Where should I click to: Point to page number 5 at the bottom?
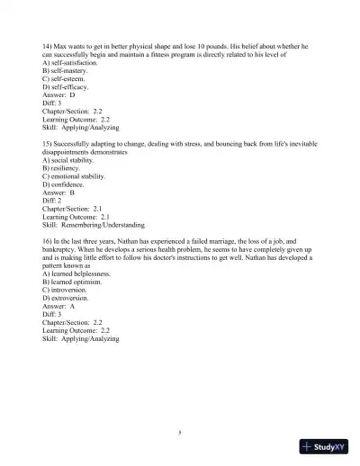180,434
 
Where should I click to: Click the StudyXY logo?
323,446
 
